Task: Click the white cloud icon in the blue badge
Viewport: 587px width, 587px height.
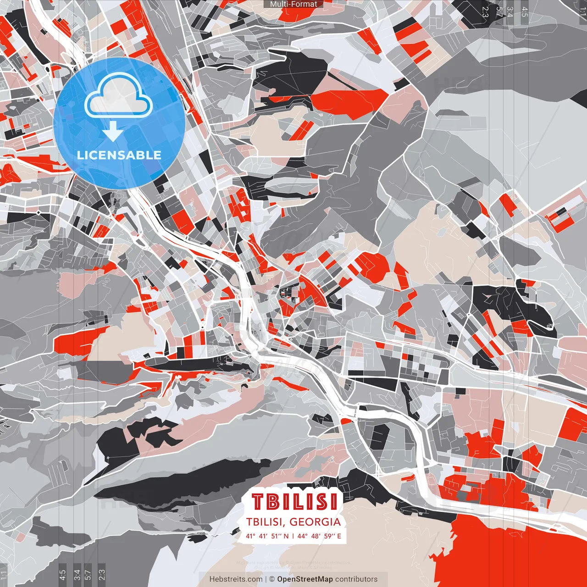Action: click(118, 97)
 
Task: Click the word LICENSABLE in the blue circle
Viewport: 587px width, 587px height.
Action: click(119, 155)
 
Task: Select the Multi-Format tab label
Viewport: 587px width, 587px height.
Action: click(293, 4)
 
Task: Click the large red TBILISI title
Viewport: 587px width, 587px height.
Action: click(294, 502)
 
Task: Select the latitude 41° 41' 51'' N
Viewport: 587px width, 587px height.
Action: click(267, 536)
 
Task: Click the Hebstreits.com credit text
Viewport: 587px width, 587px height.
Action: click(235, 579)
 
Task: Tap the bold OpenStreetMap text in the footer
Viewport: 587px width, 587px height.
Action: click(305, 579)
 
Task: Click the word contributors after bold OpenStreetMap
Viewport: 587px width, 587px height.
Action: click(356, 579)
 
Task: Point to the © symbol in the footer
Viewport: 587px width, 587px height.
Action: click(272, 579)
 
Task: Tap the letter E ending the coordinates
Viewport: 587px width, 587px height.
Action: click(339, 536)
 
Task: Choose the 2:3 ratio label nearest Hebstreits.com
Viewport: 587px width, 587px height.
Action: click(101, 575)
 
